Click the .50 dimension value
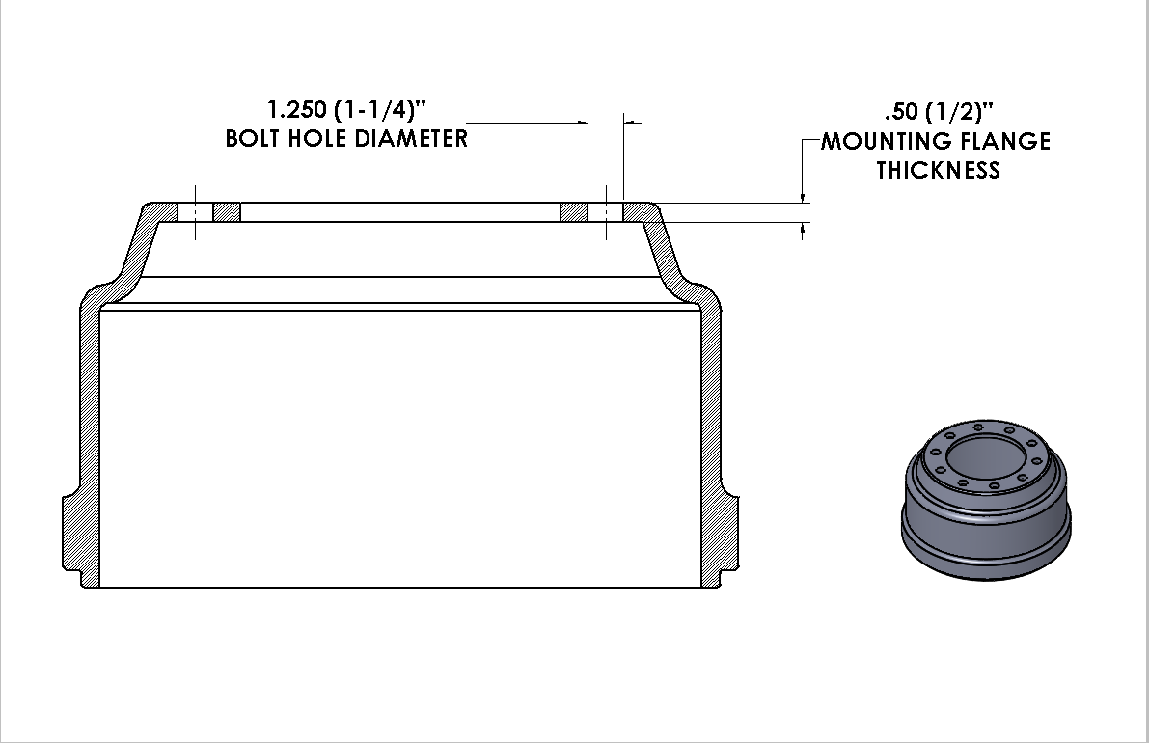(x=902, y=111)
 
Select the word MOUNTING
(x=885, y=141)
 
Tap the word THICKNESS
(x=937, y=171)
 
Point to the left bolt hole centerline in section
(x=195, y=211)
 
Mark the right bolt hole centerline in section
(x=606, y=211)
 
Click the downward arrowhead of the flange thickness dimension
(x=803, y=197)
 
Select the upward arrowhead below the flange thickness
(x=803, y=228)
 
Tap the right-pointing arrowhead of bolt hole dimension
(x=582, y=123)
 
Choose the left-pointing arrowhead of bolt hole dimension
(x=631, y=123)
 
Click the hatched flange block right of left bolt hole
(x=227, y=211)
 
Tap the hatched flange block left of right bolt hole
(x=574, y=211)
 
